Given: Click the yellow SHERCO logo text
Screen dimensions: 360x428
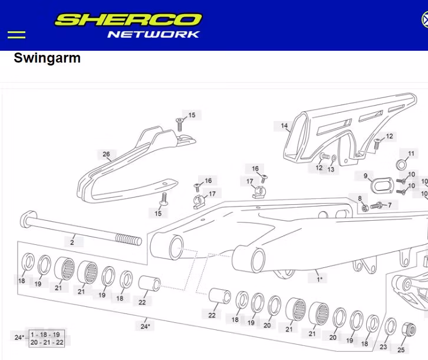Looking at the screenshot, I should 128,20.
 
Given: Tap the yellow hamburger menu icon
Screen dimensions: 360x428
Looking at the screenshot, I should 17,34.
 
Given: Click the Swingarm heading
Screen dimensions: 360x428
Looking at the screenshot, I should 47,58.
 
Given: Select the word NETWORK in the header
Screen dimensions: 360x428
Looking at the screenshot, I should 153,34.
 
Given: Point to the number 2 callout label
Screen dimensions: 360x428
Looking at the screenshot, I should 72,242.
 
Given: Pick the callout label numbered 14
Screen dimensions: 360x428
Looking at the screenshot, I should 284,126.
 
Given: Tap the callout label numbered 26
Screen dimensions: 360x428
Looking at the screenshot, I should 106,155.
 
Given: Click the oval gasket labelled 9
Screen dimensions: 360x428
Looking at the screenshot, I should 381,185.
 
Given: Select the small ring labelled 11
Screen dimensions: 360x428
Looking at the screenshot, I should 402,163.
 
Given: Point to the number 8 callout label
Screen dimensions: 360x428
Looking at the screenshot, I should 359,198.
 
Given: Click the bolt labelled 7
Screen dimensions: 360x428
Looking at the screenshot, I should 376,205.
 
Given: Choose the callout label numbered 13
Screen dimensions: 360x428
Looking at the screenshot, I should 331,169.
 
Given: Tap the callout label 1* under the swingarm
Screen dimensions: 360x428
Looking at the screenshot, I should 320,279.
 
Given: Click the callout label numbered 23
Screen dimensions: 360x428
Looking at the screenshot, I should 384,347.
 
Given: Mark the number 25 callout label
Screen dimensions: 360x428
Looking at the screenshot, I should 401,350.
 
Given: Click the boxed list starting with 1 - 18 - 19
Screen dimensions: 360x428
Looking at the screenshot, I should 47,338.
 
